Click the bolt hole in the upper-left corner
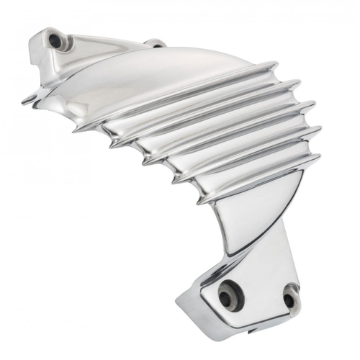tap(55, 41)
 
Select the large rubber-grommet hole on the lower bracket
tap(231, 294)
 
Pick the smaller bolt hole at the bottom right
tap(289, 297)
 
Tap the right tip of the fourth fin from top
tap(320, 130)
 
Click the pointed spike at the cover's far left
tap(24, 103)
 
